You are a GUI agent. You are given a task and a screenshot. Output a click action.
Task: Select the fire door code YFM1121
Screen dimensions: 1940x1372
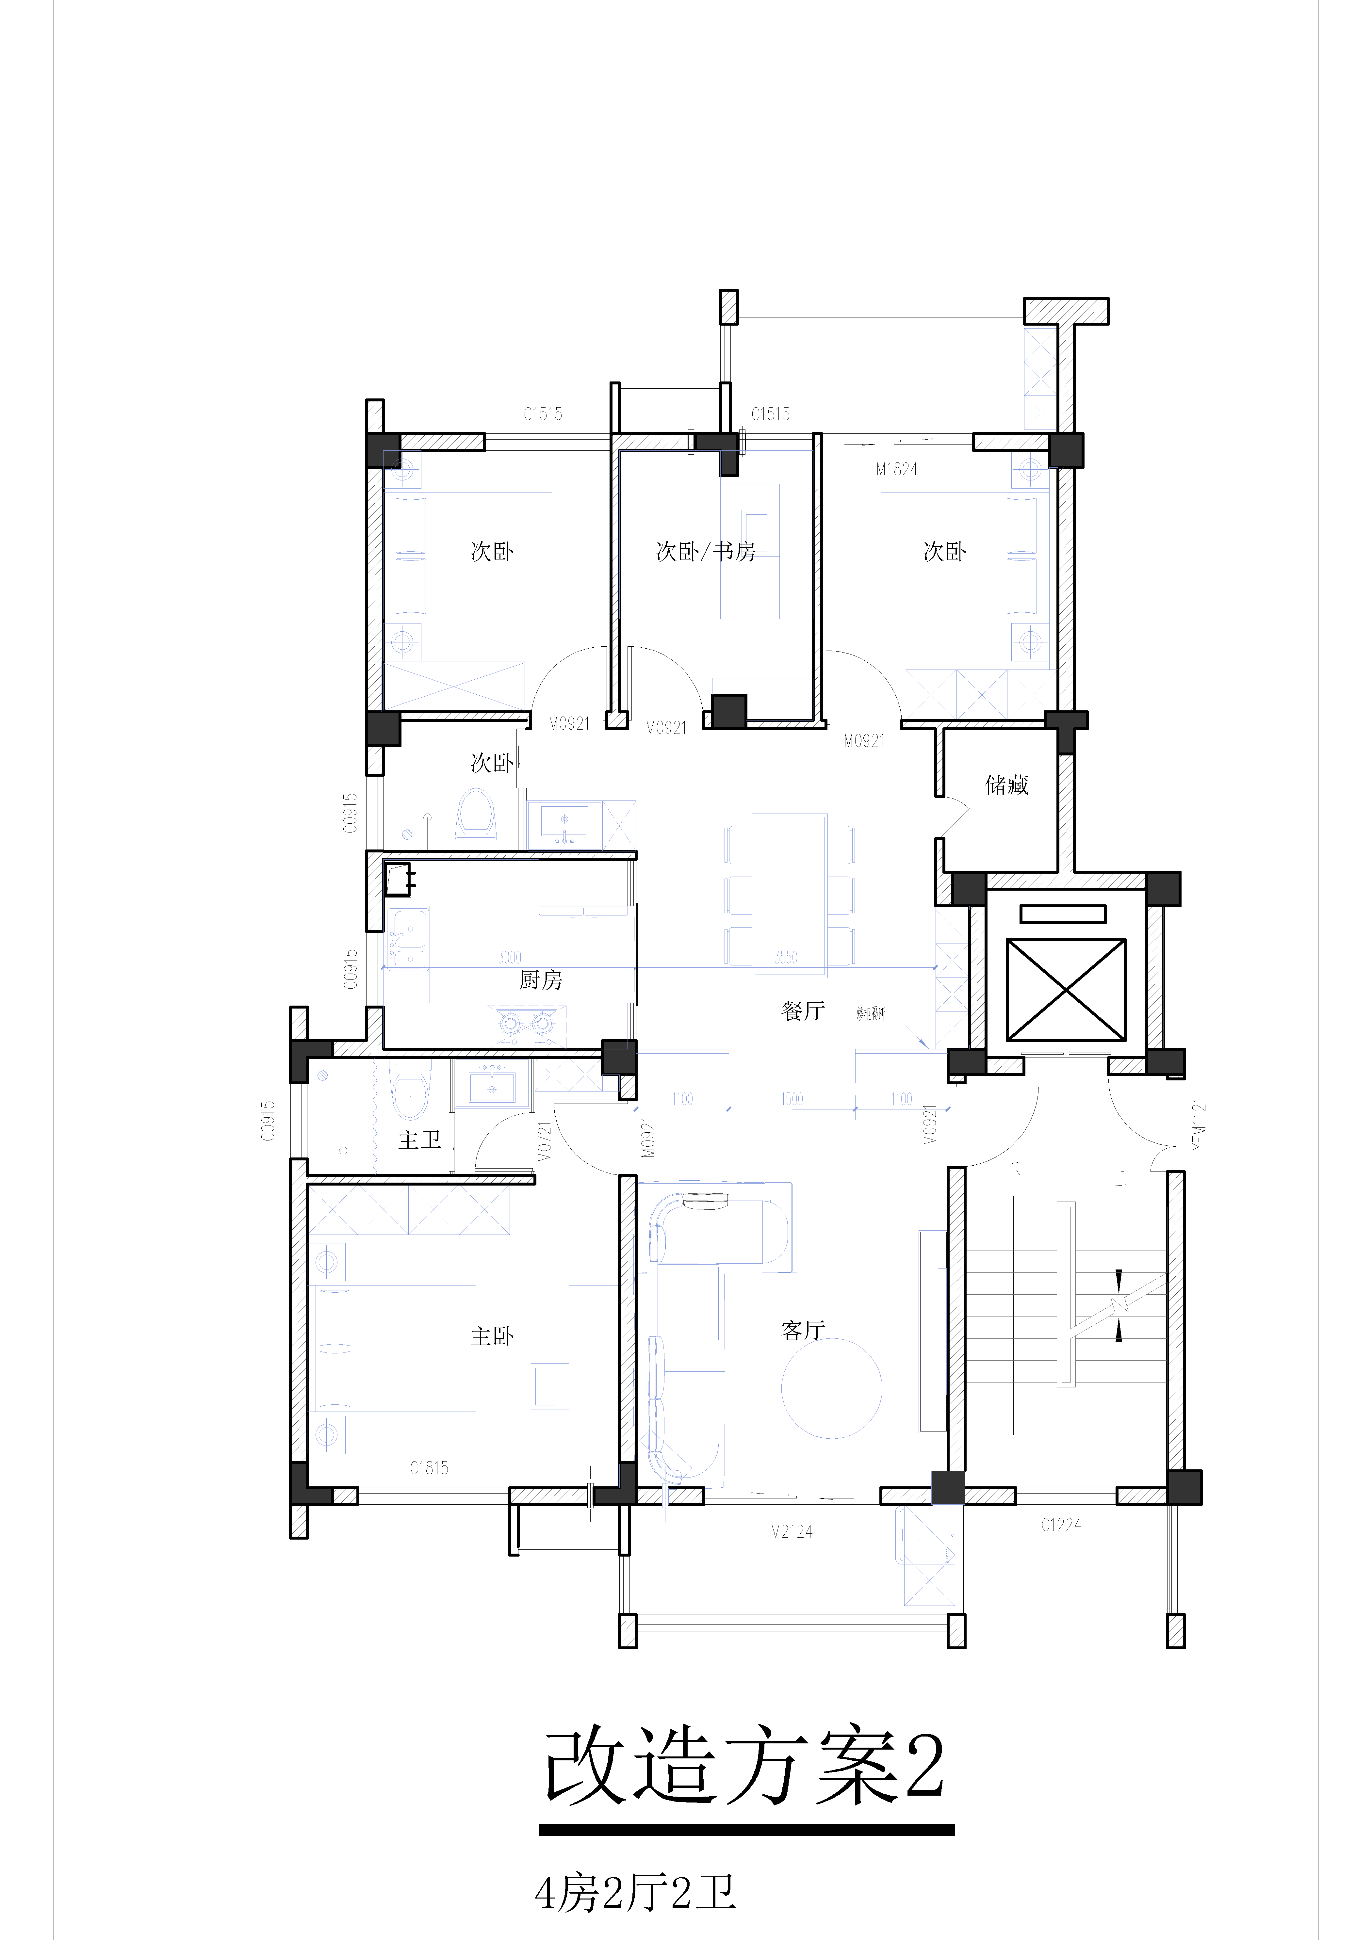(1199, 1124)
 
